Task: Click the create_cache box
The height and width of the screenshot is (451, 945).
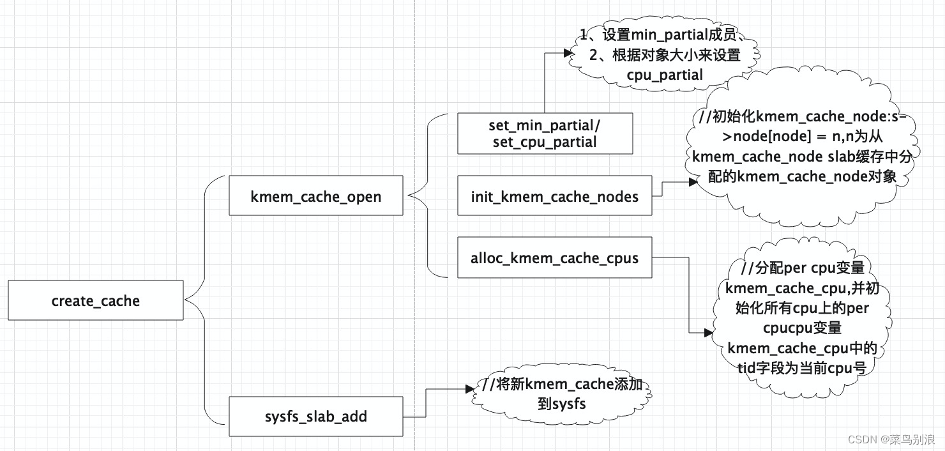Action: tap(96, 301)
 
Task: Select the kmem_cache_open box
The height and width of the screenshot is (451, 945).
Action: tap(315, 196)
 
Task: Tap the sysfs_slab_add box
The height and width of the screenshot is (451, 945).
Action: tap(315, 417)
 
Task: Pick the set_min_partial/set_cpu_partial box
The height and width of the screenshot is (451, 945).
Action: tap(545, 134)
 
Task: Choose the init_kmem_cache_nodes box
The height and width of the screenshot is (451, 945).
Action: tap(554, 196)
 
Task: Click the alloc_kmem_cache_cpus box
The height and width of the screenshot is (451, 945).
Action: tap(554, 259)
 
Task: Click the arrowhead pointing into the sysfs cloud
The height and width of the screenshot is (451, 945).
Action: tap(471, 388)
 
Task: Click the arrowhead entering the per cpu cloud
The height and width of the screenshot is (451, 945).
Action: tap(708, 333)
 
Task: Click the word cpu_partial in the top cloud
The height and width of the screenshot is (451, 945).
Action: tap(664, 75)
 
